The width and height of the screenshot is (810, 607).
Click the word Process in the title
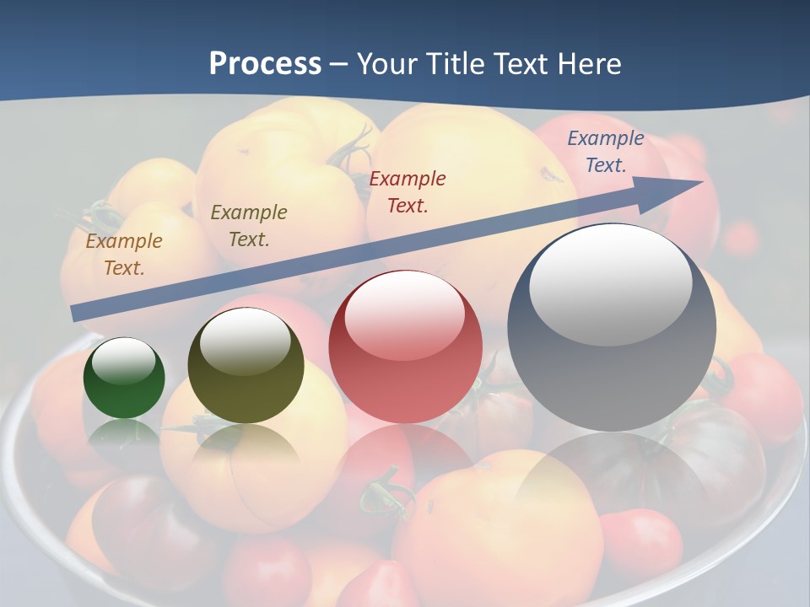pos(265,64)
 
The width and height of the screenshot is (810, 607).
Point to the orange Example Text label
pos(124,255)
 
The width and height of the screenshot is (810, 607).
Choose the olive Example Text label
pos(249,226)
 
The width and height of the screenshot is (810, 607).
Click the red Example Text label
pos(408,191)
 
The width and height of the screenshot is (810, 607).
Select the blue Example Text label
pos(606,152)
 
